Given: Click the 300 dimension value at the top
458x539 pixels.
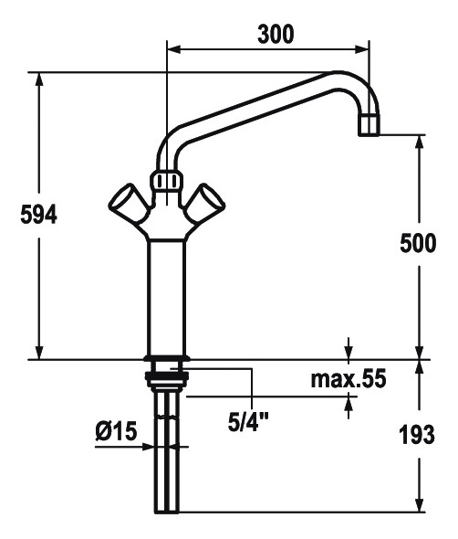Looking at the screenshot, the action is pyautogui.click(x=276, y=35).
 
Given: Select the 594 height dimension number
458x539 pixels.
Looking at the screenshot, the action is pyautogui.click(x=39, y=215).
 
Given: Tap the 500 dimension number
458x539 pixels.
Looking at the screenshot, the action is pyautogui.click(x=418, y=243).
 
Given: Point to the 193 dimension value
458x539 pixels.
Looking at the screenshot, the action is pyautogui.click(x=417, y=434).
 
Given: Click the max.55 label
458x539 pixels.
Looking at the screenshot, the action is pyautogui.click(x=349, y=379).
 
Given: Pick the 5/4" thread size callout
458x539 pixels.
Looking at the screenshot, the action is pyautogui.click(x=248, y=422).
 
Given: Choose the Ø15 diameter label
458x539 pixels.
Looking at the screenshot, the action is pyautogui.click(x=117, y=430).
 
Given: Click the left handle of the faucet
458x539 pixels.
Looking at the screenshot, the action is pyautogui.click(x=129, y=203).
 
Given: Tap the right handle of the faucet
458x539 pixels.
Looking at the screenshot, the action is pyautogui.click(x=205, y=203).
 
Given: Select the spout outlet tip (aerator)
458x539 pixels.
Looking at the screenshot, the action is pyautogui.click(x=370, y=125).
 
